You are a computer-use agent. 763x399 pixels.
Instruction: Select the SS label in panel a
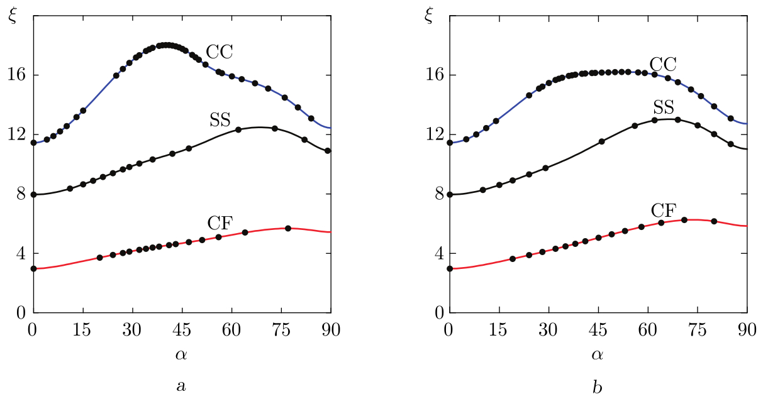point(220,121)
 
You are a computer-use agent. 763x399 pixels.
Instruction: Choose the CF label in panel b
point(663,209)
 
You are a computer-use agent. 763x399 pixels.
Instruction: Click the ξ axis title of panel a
point(13,16)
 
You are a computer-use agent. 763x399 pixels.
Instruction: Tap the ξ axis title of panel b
point(429,16)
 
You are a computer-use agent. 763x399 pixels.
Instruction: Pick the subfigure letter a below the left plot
point(181,385)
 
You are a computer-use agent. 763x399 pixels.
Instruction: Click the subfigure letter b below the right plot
point(597,385)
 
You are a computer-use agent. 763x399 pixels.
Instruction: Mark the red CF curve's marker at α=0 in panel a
point(33,268)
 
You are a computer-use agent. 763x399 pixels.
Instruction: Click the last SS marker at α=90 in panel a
point(328,151)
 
